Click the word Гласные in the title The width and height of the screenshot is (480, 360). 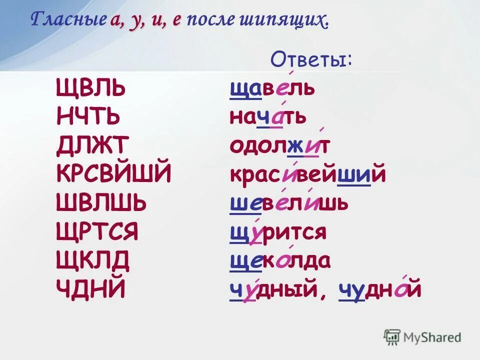tap(67, 20)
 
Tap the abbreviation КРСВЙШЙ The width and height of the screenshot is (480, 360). tap(114, 175)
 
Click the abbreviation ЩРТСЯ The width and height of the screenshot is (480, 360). tap(98, 232)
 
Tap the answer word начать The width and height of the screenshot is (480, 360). tap(268, 118)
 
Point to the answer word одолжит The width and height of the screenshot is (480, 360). tap(280, 146)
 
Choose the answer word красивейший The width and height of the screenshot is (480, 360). tap(308, 175)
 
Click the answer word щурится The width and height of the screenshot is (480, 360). tap(278, 232)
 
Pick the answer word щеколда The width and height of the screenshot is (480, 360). tap(280, 260)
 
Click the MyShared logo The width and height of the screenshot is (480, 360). tap(422, 337)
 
